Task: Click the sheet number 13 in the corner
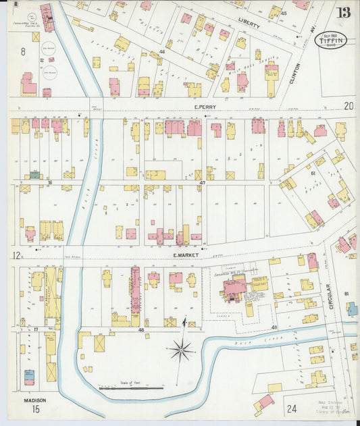click(x=344, y=12)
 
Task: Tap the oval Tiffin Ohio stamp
click(x=329, y=40)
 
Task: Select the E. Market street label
click(x=184, y=255)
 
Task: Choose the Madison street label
click(x=34, y=400)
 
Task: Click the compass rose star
click(x=181, y=350)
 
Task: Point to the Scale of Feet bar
click(x=131, y=388)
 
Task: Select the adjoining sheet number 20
click(x=349, y=105)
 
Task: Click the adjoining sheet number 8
click(x=22, y=51)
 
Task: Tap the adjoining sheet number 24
click(x=291, y=408)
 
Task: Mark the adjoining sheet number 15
click(x=35, y=409)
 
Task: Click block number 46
click(x=162, y=51)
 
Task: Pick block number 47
click(x=201, y=182)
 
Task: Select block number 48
click(x=141, y=329)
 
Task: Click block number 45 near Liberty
click(x=284, y=14)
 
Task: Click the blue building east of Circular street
click(x=353, y=309)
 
